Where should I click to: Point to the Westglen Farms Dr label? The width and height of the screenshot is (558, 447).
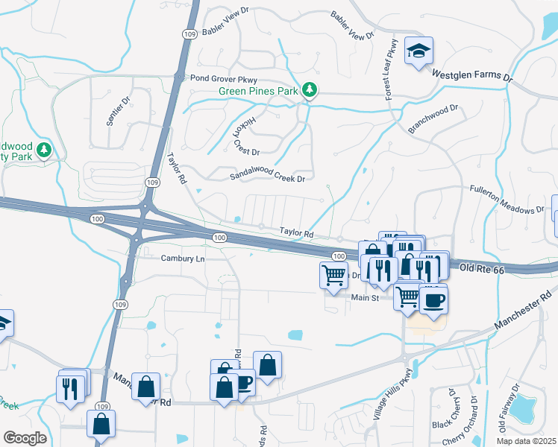(473, 74)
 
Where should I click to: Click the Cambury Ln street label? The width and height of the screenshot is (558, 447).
(183, 258)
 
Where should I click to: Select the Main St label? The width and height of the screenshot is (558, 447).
(366, 297)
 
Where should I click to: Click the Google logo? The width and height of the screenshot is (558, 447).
(25, 437)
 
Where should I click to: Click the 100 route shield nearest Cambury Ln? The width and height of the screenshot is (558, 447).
(219, 237)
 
